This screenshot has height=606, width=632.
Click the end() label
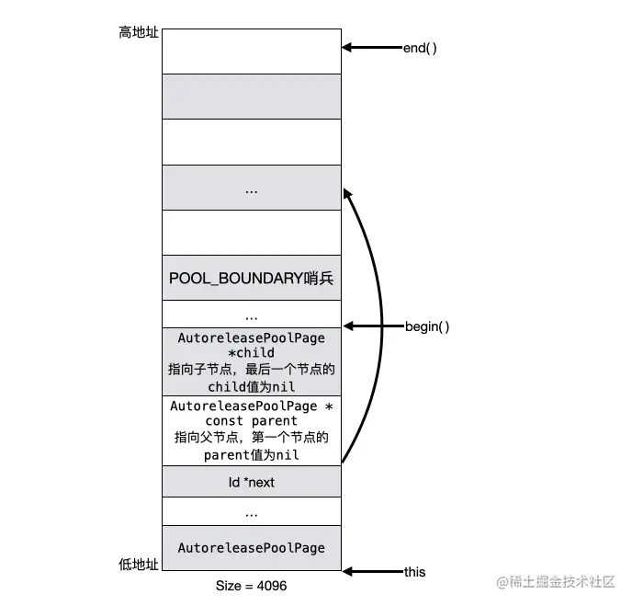[420, 47]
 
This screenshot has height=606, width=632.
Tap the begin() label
[427, 326]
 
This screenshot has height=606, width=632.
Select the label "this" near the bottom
[415, 572]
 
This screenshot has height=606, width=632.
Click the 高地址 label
[139, 32]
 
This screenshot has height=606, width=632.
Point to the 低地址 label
[139, 563]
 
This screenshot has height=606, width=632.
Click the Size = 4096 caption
[251, 586]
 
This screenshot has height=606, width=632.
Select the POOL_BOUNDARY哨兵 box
[251, 278]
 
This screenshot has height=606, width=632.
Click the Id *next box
[251, 482]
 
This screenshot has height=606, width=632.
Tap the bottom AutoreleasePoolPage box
[251, 547]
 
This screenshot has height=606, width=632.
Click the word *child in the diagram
[251, 352]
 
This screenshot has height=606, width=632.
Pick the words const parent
[251, 421]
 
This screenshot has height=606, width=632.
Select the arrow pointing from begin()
[372, 326]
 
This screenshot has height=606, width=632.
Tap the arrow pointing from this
[371, 572]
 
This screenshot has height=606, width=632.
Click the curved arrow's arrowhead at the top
[347, 192]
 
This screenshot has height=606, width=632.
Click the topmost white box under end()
[251, 51]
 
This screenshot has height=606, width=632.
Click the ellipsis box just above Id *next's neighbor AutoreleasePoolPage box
[251, 512]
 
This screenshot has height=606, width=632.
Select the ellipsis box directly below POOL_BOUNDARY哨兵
[251, 315]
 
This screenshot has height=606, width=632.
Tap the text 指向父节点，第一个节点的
[251, 438]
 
